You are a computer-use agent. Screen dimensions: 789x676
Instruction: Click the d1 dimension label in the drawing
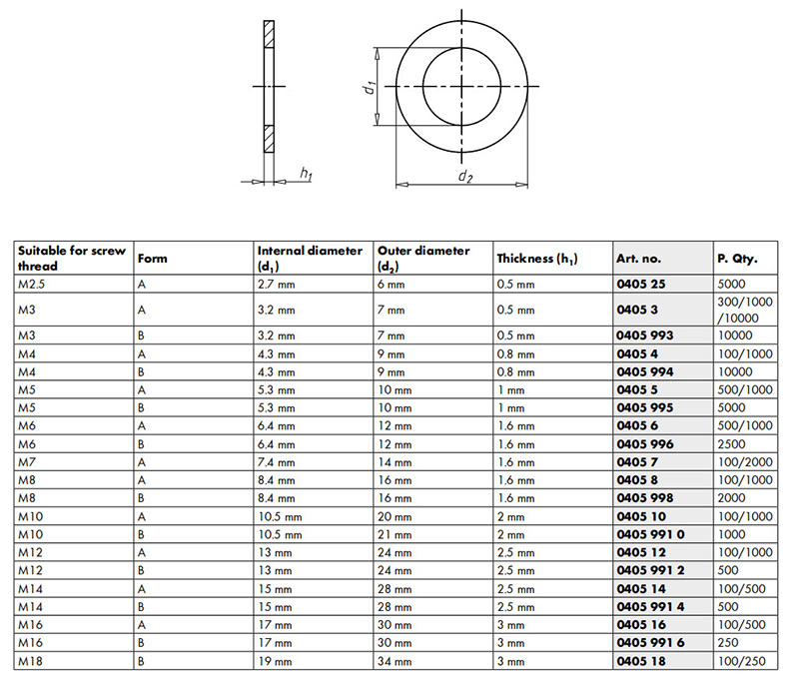(x=370, y=87)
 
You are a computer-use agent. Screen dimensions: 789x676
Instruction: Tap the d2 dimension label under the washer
(x=465, y=176)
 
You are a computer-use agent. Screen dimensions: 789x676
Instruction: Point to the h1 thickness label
(x=306, y=174)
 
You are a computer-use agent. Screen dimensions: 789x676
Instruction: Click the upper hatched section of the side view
(x=270, y=34)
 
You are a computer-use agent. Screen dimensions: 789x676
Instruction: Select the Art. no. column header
(x=638, y=259)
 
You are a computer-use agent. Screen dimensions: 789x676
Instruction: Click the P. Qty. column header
(x=737, y=259)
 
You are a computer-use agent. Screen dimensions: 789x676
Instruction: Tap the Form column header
(x=153, y=259)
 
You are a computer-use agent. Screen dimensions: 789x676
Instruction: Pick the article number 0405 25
(x=641, y=285)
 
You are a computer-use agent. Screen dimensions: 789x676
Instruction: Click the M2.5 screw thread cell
(x=32, y=285)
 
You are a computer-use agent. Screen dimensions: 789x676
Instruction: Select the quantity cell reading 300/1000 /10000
(x=745, y=310)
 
